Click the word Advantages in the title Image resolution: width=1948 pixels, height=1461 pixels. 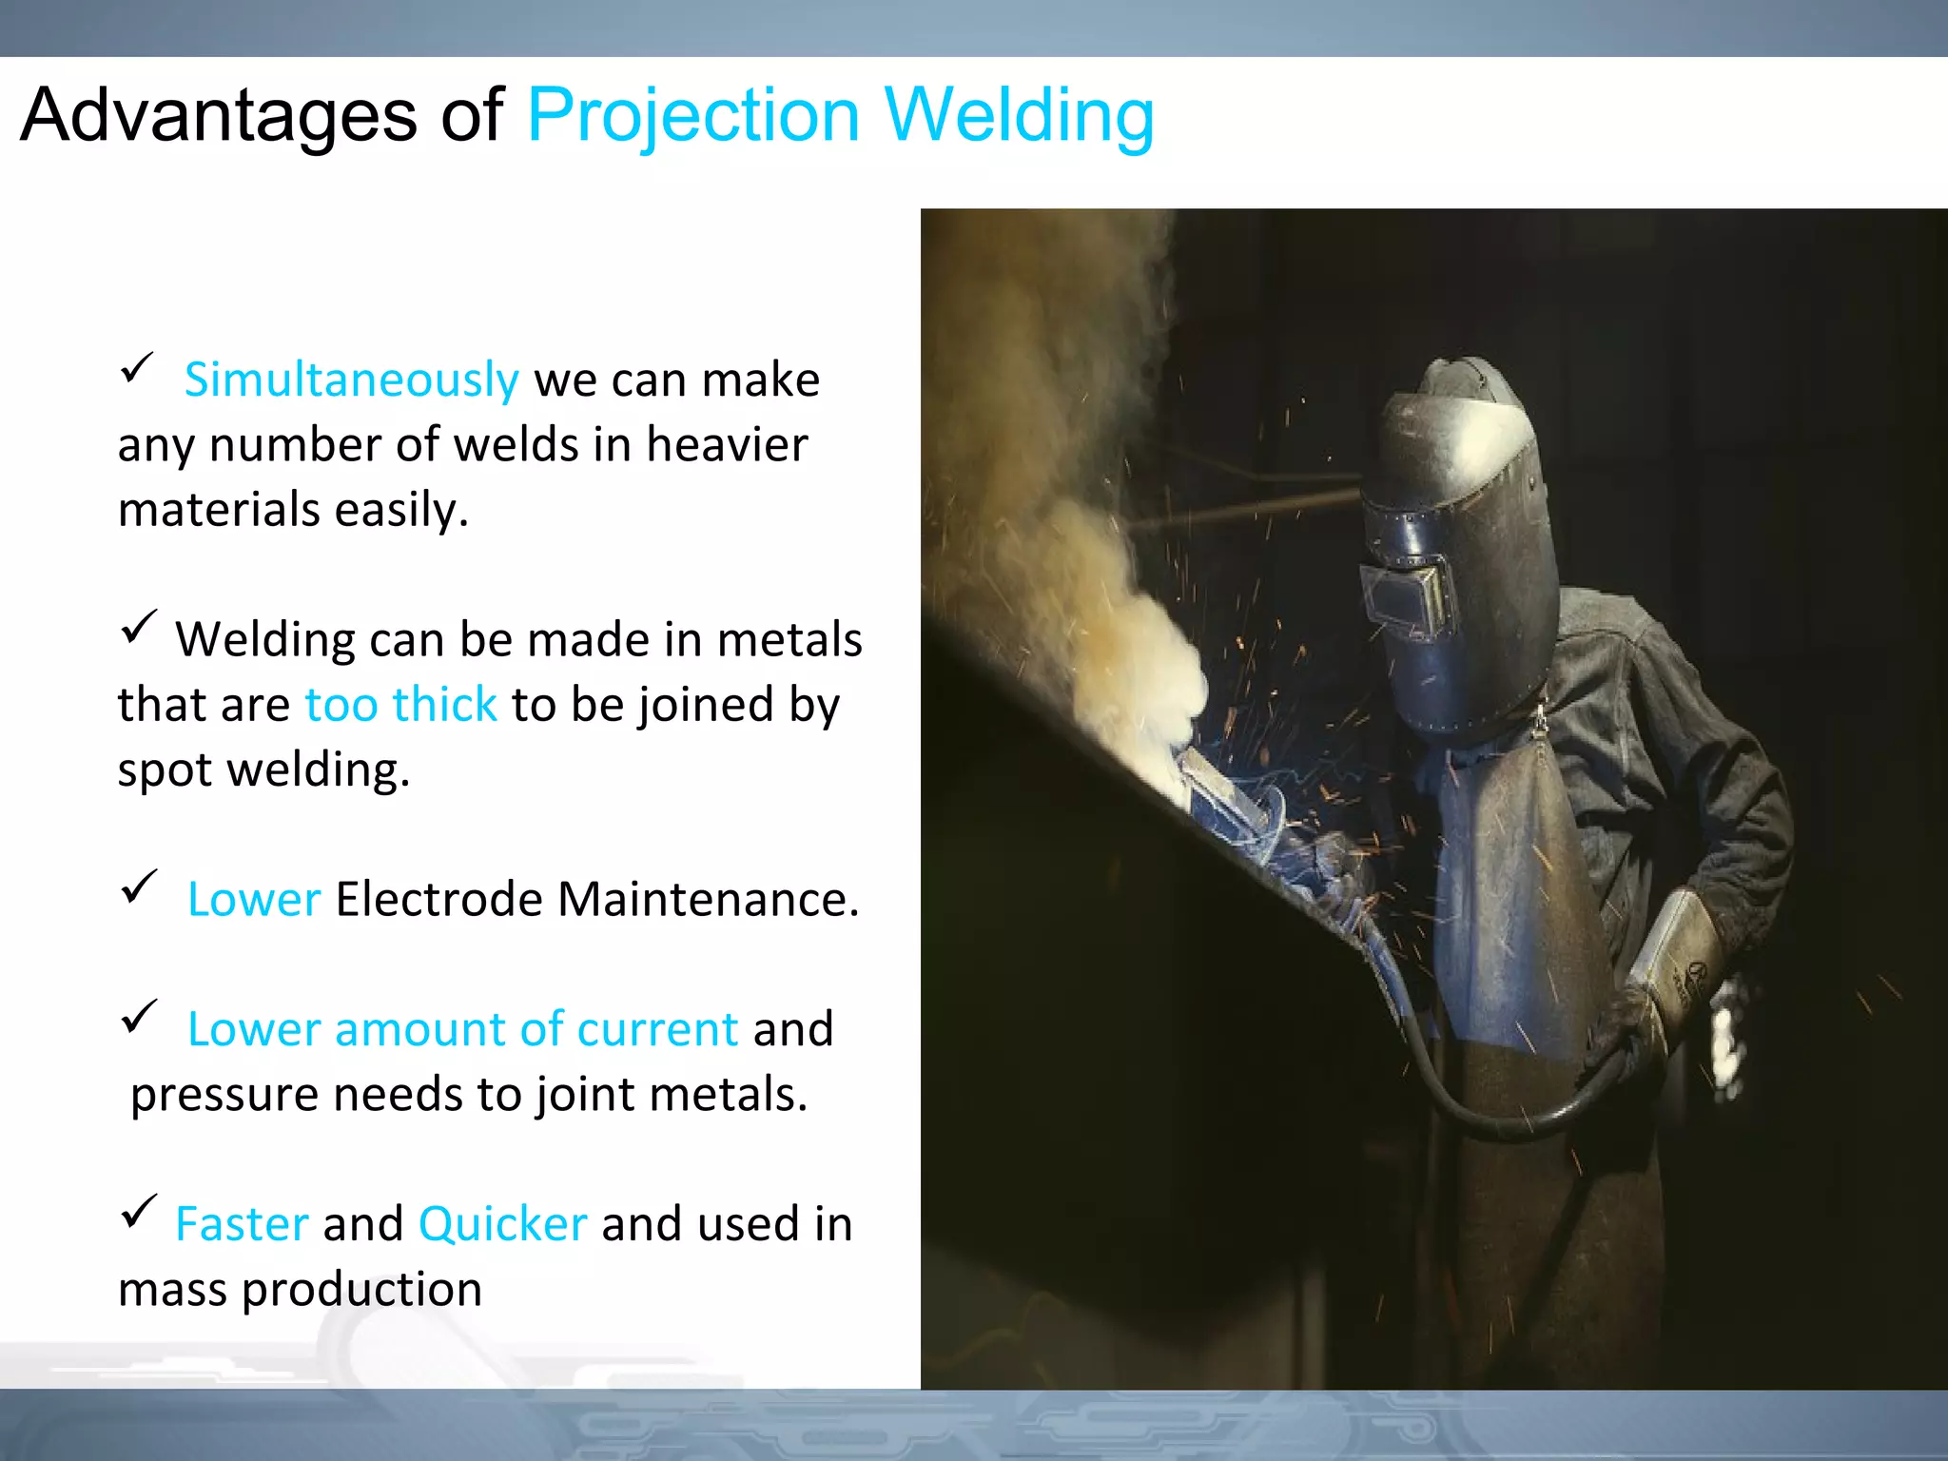pyautogui.click(x=218, y=116)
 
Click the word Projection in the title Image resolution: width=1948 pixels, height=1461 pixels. pyautogui.click(x=693, y=116)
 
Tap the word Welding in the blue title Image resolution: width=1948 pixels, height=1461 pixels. pyautogui.click(x=1019, y=116)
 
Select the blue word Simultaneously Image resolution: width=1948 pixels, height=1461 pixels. pyautogui.click(x=351, y=380)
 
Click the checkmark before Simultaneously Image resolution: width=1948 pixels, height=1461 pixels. pyautogui.click(x=137, y=368)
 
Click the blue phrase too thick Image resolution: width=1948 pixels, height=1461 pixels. pyautogui.click(x=400, y=705)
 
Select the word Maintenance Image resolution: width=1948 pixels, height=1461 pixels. pyautogui.click(x=708, y=899)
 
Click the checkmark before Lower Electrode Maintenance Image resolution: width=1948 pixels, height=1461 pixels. pyautogui.click(x=139, y=887)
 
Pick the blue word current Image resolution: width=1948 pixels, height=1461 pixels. pyautogui.click(x=656, y=1029)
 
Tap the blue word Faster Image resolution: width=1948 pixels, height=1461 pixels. pyautogui.click(x=242, y=1224)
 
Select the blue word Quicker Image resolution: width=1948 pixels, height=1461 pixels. pyautogui.click(x=502, y=1224)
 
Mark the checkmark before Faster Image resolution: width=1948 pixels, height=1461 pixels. pyautogui.click(x=139, y=1212)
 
